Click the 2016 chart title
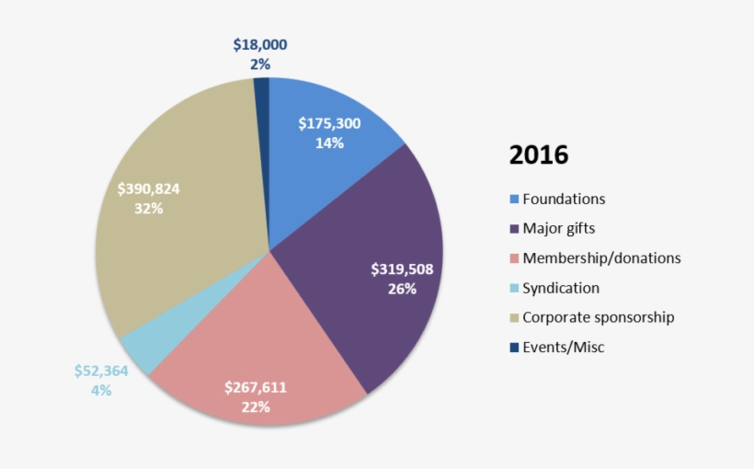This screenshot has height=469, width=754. [539, 154]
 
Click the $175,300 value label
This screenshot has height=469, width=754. [330, 123]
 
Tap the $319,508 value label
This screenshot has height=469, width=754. [402, 269]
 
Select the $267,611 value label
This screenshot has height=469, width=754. [256, 387]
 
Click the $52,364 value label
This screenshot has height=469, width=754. [101, 371]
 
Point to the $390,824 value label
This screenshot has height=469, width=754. [149, 189]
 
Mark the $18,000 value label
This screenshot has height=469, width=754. [260, 44]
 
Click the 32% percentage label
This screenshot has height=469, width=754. [148, 209]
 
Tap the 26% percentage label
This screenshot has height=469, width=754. [402, 290]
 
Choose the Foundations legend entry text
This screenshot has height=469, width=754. [564, 199]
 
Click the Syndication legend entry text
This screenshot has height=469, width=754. [561, 288]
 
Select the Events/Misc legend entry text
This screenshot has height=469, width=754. [564, 347]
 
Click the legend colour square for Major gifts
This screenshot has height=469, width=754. [514, 229]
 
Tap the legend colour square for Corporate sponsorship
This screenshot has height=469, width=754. [514, 317]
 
